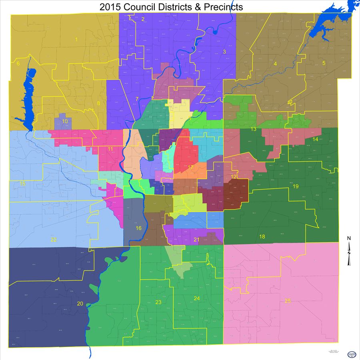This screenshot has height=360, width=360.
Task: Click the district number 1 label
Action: (76, 39)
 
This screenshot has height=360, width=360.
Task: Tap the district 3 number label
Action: (224, 52)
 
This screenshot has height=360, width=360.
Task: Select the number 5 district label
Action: (324, 63)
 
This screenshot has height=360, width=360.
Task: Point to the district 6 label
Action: (17, 63)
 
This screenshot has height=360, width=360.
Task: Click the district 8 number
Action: (98, 104)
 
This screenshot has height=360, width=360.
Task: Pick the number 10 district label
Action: (64, 121)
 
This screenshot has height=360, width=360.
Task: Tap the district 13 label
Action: (253, 129)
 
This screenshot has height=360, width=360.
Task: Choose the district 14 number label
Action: (316, 139)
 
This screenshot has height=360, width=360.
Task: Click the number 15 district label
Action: (22, 184)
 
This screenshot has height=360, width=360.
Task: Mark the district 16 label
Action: (139, 228)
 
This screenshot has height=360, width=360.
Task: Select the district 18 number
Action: (262, 236)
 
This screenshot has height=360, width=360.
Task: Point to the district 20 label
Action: (80, 304)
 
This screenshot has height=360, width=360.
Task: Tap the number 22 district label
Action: (54, 240)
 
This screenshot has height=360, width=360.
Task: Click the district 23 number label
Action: (158, 302)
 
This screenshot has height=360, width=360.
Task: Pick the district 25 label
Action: (288, 301)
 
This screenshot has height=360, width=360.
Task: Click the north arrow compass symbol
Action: (349, 251)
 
